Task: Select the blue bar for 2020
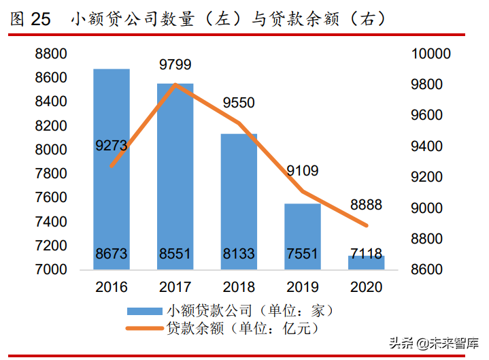[x=367, y=262]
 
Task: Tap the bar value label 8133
[x=239, y=255]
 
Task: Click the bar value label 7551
[x=303, y=255]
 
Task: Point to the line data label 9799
[x=175, y=65]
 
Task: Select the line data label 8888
[x=365, y=204]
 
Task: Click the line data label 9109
[x=302, y=171]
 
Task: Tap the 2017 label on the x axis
[x=175, y=287]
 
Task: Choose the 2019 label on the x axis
[x=303, y=287]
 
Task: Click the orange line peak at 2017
[x=175, y=85]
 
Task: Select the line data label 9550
[x=239, y=103]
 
